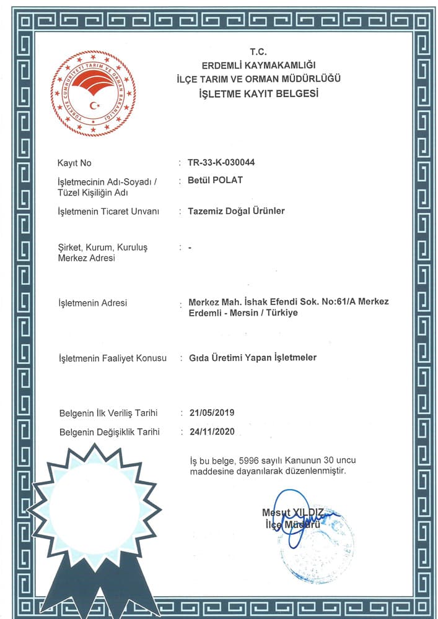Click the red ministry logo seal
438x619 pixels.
[x=93, y=93]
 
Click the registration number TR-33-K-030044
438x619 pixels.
[x=221, y=163]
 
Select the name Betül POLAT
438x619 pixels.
[x=215, y=181]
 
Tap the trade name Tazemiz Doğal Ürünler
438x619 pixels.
[x=236, y=211]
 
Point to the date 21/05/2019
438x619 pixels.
[x=211, y=412]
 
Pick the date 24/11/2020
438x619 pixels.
[x=211, y=431]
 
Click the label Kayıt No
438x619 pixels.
[x=74, y=163]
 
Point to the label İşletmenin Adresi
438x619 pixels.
[x=92, y=303]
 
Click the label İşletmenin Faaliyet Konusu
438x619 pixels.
[x=112, y=358]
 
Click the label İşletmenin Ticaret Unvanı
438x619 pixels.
[x=108, y=212]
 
